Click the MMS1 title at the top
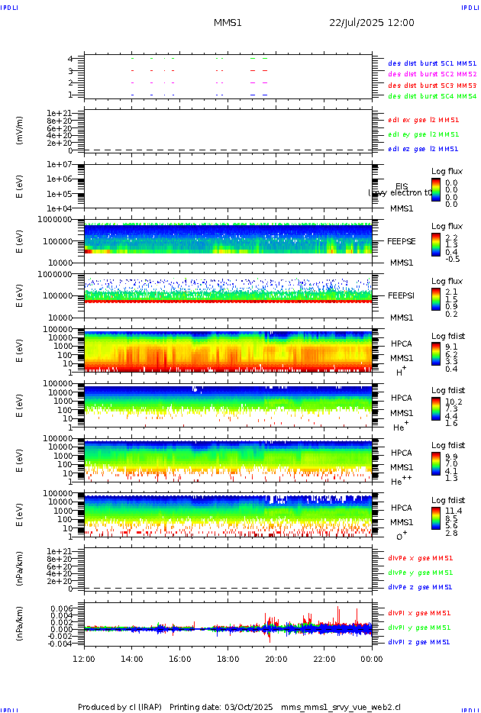(x=228, y=23)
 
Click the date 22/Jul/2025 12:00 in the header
(x=372, y=23)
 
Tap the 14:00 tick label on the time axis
(x=132, y=659)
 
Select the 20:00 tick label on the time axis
(x=276, y=659)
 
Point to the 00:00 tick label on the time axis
(x=372, y=659)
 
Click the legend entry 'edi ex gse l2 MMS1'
(x=423, y=120)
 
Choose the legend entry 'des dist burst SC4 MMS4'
(x=432, y=96)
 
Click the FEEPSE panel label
(x=401, y=240)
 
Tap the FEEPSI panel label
(x=401, y=295)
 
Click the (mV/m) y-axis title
(x=21, y=131)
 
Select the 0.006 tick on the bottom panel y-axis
(x=62, y=608)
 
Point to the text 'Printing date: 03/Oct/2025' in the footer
(x=221, y=707)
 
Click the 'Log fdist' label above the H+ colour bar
(x=447, y=336)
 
